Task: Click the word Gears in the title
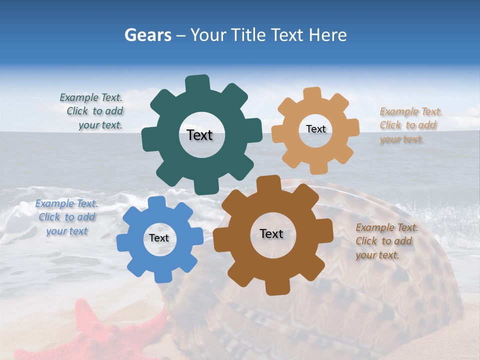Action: point(148,35)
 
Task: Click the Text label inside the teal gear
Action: point(199,135)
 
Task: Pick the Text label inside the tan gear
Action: point(315,129)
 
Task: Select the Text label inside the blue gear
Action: point(159,238)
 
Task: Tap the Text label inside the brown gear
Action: point(271,234)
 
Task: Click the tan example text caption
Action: point(410,125)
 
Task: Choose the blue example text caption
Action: point(66,217)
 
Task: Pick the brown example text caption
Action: point(386,241)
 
